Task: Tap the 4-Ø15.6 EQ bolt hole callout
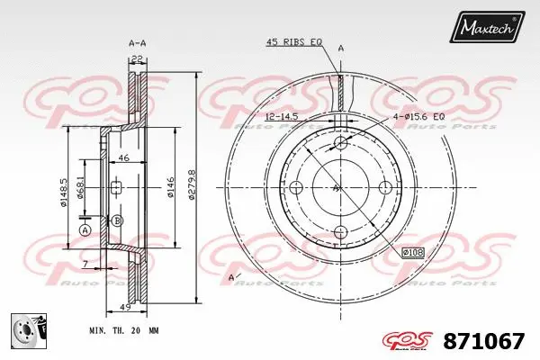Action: coord(418,117)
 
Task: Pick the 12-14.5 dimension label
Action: coord(283,117)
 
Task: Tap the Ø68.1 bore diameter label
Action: coord(80,190)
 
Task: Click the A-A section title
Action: coord(138,42)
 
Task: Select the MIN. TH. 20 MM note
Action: coord(124,331)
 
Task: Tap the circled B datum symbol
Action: coord(118,220)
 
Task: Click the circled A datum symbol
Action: coord(85,229)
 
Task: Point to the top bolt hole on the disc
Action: coord(340,144)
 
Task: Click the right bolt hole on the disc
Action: coord(385,187)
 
